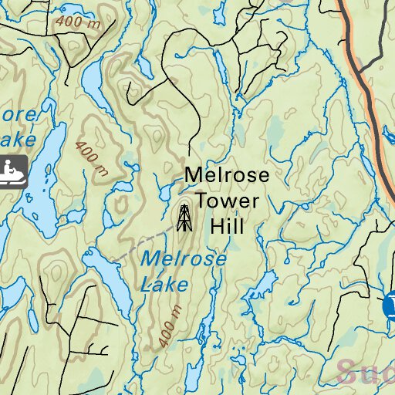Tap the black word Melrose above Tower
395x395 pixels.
[x=227, y=176]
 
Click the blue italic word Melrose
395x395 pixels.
[x=184, y=259]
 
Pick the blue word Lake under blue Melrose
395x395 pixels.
[x=164, y=285]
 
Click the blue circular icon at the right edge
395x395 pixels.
[x=390, y=306]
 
